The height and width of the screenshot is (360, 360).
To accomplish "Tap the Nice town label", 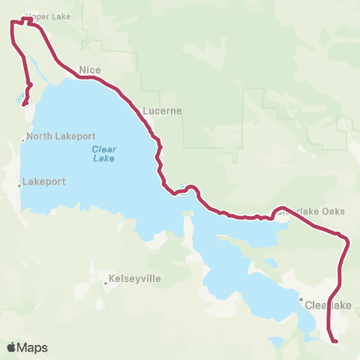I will [x=90, y=70].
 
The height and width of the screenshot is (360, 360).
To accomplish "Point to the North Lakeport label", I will [x=61, y=137].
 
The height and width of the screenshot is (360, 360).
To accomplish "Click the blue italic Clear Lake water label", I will [x=104, y=153].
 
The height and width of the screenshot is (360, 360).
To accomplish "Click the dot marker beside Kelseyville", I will [x=106, y=283].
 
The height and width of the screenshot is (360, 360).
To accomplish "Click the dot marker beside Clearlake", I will [x=301, y=300].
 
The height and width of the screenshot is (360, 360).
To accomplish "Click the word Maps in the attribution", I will [x=33, y=347].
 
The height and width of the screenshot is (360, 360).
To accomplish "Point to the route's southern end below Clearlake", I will [x=337, y=342].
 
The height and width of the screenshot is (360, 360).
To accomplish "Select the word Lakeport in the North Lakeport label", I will [x=74, y=137].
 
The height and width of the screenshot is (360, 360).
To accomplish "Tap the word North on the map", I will [x=38, y=137].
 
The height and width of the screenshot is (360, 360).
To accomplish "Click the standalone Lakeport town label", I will [x=44, y=181].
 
